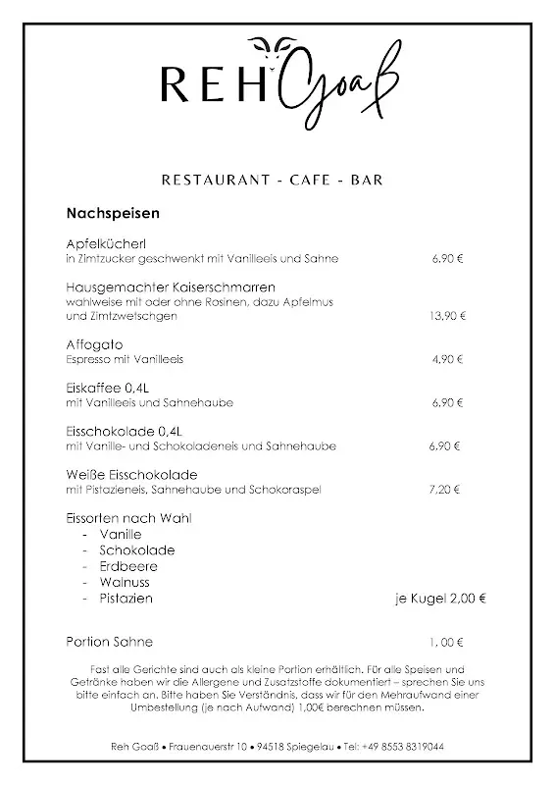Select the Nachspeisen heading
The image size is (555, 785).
113,212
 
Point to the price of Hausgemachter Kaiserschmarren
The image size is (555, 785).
447,316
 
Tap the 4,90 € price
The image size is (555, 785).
446,359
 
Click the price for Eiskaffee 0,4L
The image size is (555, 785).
447,402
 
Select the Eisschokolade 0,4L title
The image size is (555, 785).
125,431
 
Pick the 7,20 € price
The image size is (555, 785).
444,489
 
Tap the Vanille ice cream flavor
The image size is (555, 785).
121,534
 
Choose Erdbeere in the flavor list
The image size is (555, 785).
128,566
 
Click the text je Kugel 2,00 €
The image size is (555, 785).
441,598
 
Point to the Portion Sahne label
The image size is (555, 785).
110,642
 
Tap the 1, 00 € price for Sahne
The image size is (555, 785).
446,643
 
